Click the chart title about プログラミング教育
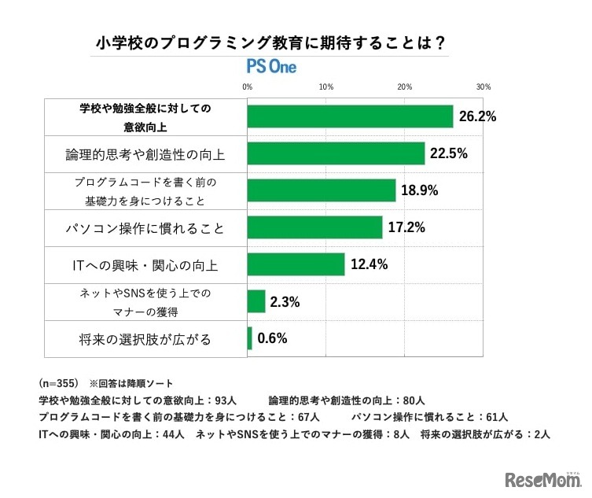(271, 42)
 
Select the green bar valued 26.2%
(350, 116)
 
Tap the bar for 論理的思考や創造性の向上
(336, 153)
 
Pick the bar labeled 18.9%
(322, 190)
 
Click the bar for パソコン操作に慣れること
(314, 227)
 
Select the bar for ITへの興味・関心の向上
(296, 264)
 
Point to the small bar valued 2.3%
(256, 301)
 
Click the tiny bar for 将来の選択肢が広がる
(250, 338)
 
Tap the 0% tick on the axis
(247, 87)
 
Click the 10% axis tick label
(326, 87)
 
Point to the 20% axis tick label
(405, 87)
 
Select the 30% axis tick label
(484, 87)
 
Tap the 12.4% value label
(369, 265)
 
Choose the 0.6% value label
(272, 339)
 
